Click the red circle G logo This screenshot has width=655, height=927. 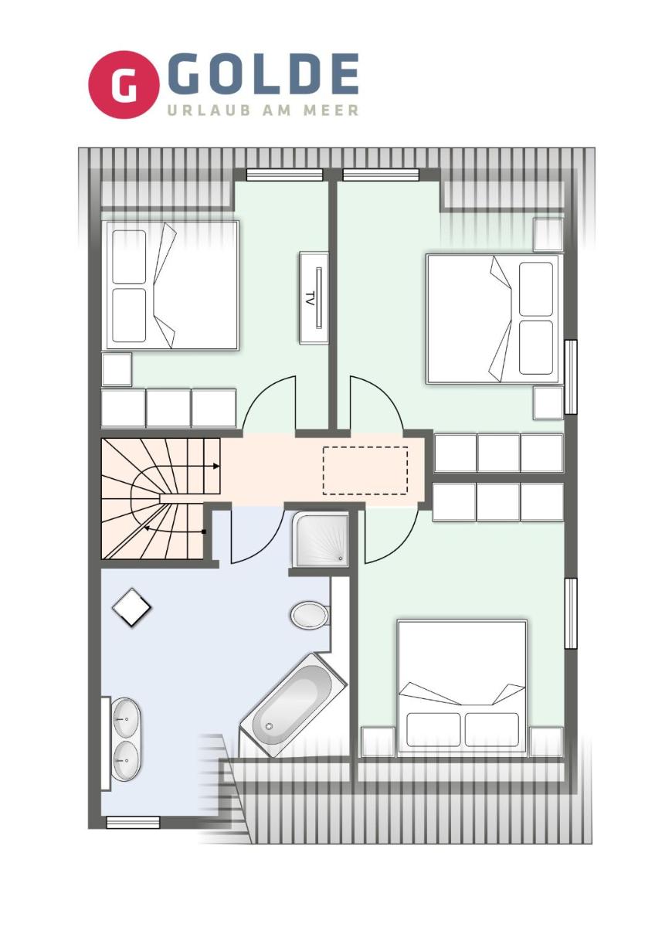click(x=124, y=84)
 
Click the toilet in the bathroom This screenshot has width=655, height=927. click(x=310, y=615)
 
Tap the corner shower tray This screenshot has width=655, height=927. click(x=320, y=538)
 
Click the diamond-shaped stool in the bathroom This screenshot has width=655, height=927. click(x=131, y=607)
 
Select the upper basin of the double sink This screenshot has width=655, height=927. click(x=126, y=718)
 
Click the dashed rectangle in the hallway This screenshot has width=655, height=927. click(x=365, y=470)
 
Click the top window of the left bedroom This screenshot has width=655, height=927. click(x=284, y=175)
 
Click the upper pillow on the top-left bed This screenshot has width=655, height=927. click(x=129, y=256)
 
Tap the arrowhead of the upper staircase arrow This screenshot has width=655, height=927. click(x=216, y=466)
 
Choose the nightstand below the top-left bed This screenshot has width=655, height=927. click(x=117, y=369)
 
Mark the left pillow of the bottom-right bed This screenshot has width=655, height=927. click(x=433, y=729)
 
